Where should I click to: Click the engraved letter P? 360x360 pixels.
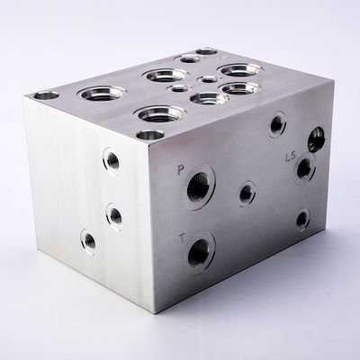click(x=181, y=169)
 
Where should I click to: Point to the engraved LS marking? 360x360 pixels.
click(x=290, y=156)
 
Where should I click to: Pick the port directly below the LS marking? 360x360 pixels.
click(x=304, y=168)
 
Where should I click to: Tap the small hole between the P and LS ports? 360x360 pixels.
click(x=247, y=192)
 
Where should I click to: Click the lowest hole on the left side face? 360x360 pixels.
click(x=88, y=239)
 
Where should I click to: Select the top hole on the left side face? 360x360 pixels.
click(x=112, y=160)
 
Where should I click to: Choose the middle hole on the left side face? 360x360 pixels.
click(x=114, y=214)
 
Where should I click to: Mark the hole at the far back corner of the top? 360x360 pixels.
click(x=207, y=51)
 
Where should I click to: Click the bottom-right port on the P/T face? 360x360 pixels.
click(x=302, y=218)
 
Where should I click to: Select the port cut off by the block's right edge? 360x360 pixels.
click(x=316, y=139)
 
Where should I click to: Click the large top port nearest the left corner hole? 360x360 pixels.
click(x=99, y=93)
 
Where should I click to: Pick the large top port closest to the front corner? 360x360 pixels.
click(x=160, y=113)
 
